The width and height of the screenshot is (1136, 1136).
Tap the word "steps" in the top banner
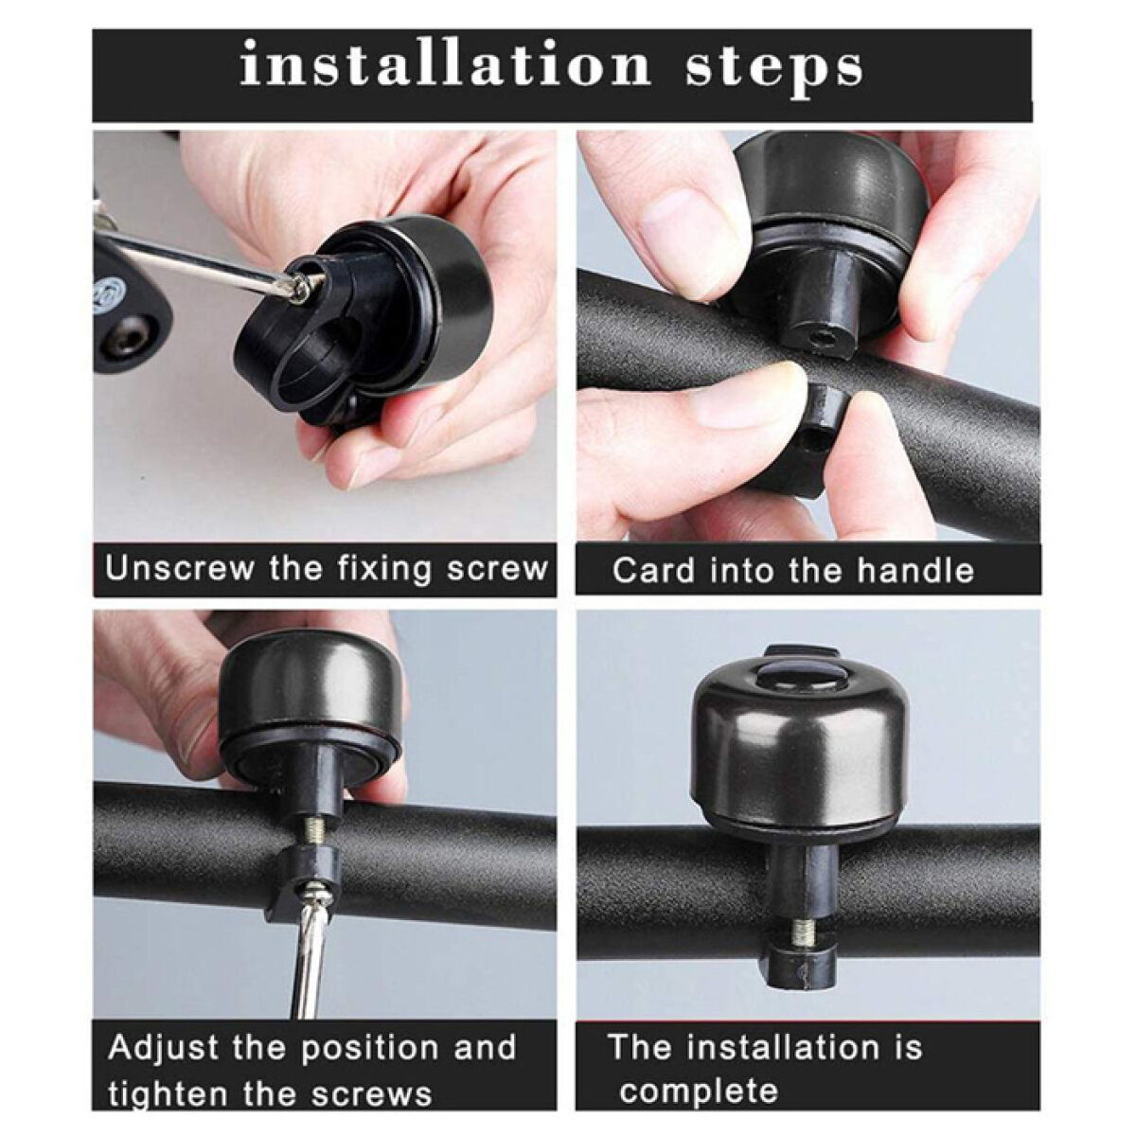tap(774, 73)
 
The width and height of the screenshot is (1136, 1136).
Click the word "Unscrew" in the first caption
tap(180, 567)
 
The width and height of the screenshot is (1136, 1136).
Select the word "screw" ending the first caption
tap(496, 568)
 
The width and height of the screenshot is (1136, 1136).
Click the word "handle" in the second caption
tap(914, 570)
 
